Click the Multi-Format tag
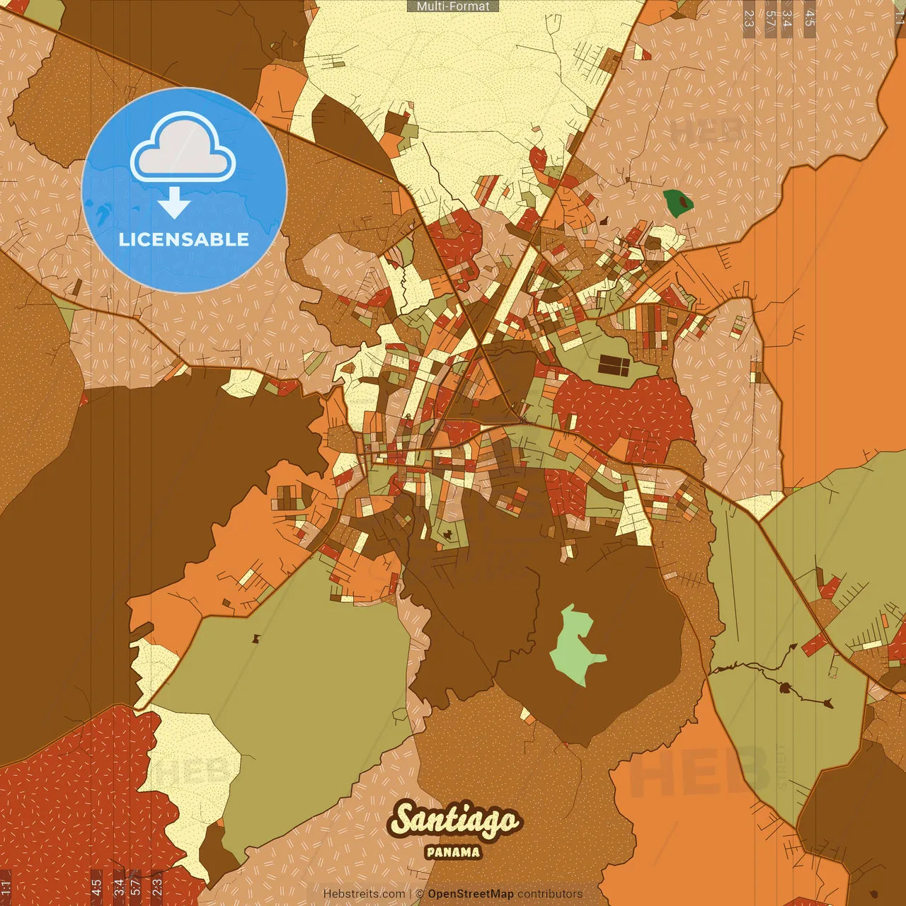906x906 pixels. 453,6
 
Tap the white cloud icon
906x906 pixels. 183,151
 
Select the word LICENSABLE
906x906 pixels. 184,239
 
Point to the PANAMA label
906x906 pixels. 453,852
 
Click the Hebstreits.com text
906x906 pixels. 364,894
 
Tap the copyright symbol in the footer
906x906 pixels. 419,894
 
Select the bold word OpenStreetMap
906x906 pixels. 471,894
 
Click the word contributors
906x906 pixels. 550,894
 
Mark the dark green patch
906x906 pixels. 678,202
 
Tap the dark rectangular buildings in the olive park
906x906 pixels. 614,365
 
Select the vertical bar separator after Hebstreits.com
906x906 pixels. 411,894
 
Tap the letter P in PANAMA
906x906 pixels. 430,852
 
